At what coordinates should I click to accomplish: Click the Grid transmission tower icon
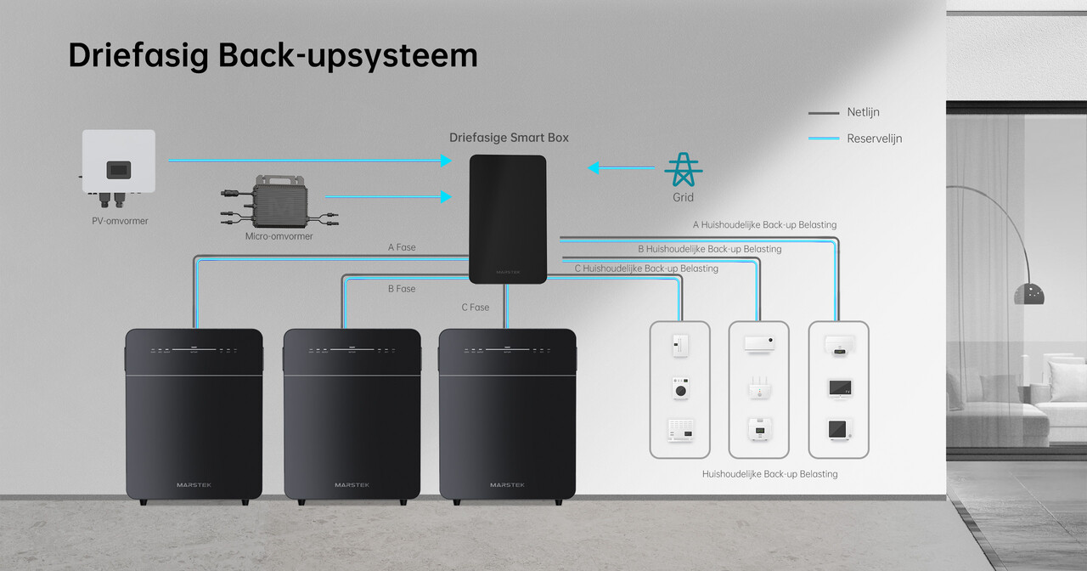coord(683,170)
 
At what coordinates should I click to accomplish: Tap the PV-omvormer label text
coord(120,221)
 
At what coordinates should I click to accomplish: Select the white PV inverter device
coord(119,161)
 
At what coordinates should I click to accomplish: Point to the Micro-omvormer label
coord(279,236)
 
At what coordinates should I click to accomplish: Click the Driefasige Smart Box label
coord(509,138)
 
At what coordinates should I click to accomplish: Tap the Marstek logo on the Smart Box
coord(508,273)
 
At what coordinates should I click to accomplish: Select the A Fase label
coord(402,247)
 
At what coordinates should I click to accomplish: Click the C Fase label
coord(476,307)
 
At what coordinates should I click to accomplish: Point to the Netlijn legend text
coord(863,112)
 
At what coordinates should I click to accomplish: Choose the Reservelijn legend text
coord(874,139)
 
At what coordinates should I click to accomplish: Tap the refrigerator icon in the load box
coord(679,345)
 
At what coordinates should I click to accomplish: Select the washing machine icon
coord(679,388)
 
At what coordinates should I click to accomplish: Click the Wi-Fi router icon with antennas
coord(758,388)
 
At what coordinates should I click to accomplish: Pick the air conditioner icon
coord(758,343)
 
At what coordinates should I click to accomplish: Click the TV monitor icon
coord(839,388)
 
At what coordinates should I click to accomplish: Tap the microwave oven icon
coord(679,430)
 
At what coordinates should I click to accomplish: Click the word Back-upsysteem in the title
coord(348,55)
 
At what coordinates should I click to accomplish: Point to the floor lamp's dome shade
coord(1028,294)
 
